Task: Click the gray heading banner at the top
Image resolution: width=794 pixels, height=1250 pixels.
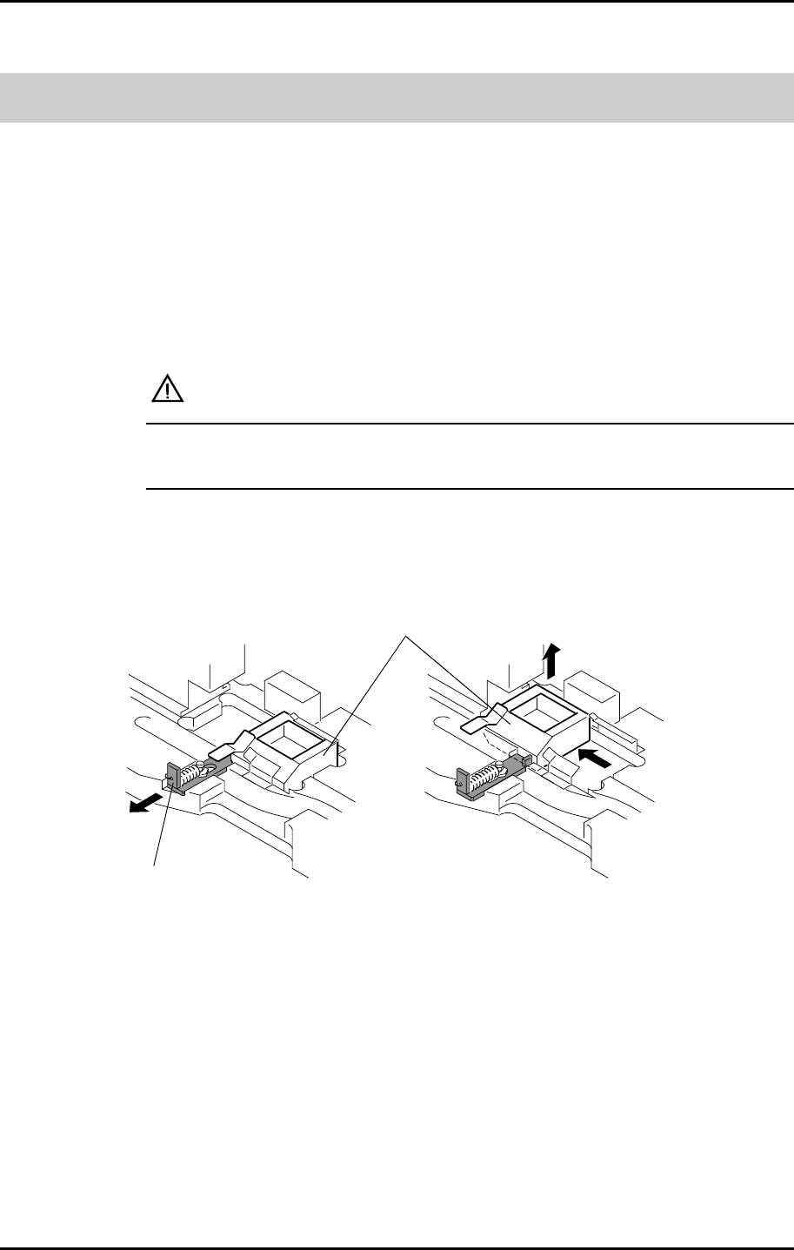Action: (x=397, y=97)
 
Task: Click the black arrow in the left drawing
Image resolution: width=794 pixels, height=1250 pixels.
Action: (x=144, y=803)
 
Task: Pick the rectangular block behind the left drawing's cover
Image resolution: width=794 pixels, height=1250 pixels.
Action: (x=292, y=691)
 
